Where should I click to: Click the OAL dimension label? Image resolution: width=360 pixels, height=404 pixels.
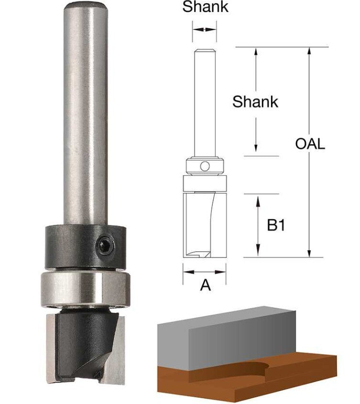(310, 144)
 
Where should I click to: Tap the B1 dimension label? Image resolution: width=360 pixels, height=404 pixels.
(276, 225)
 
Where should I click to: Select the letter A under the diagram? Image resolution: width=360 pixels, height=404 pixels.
(205, 285)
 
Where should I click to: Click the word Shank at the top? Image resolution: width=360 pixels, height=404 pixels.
(205, 7)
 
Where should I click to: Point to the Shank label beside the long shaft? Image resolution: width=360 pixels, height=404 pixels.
(255, 102)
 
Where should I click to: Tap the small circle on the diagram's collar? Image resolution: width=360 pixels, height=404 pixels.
(205, 167)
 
